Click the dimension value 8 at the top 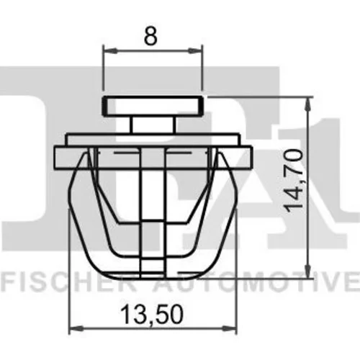(150, 36)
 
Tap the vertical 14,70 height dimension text (292, 181)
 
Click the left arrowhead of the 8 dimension (110, 50)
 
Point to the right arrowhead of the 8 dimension (195, 50)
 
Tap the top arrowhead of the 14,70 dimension (308, 104)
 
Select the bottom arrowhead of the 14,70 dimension (308, 271)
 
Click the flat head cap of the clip (153, 106)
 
